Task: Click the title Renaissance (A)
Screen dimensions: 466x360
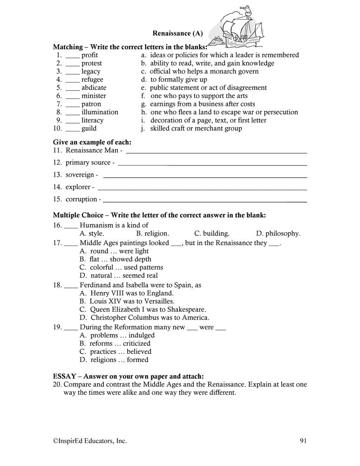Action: (x=171, y=34)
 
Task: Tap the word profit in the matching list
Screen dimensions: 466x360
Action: (x=89, y=55)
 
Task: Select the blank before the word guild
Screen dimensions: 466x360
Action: (x=73, y=129)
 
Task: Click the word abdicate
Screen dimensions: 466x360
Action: (x=94, y=88)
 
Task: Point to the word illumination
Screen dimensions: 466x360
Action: (x=100, y=112)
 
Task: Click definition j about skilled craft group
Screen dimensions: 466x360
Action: (x=191, y=129)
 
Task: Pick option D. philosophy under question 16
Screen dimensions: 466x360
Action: (x=278, y=233)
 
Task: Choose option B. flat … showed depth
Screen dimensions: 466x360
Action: (x=115, y=259)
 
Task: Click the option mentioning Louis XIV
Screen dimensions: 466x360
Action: (x=123, y=301)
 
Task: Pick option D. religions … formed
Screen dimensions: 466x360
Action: (x=114, y=360)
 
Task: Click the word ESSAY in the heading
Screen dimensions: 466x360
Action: (x=64, y=376)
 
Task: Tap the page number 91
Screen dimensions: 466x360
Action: (x=302, y=440)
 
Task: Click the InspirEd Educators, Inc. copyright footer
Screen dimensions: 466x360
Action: (x=89, y=440)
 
